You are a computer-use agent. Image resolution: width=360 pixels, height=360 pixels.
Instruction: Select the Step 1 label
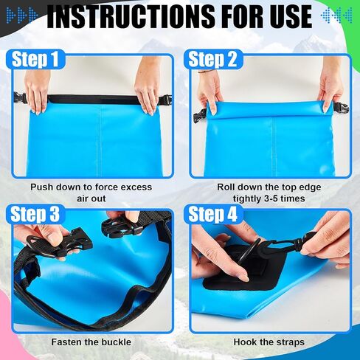(x=35, y=59)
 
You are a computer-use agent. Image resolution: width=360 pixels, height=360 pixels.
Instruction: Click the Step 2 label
(x=212, y=59)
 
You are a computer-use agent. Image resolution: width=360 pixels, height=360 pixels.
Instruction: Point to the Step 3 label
(x=35, y=214)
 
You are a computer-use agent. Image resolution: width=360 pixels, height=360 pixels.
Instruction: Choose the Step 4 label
(x=212, y=214)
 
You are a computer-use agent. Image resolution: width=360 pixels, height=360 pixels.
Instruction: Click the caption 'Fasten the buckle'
(x=91, y=342)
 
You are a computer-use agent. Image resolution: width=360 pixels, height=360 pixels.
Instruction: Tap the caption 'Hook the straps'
(x=269, y=342)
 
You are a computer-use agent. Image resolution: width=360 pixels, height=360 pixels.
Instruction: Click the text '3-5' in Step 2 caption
(x=271, y=198)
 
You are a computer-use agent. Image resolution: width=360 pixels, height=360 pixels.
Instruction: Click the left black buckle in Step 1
(x=20, y=98)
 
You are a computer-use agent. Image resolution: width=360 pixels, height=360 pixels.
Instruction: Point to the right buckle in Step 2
(x=341, y=108)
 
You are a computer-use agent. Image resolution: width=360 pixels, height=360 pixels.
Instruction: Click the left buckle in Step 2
(x=200, y=115)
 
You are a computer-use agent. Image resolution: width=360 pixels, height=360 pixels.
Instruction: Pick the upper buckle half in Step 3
(x=121, y=227)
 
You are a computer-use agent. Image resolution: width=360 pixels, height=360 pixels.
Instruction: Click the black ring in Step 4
(x=248, y=253)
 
